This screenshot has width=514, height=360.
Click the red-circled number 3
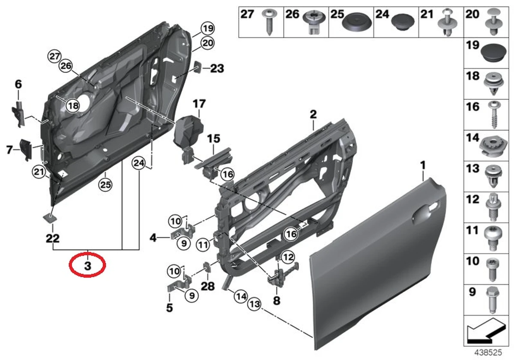click(x=87, y=266)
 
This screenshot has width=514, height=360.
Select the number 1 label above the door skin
click(x=423, y=165)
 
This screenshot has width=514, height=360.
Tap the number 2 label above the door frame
click(x=313, y=114)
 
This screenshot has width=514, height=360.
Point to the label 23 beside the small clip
click(x=217, y=68)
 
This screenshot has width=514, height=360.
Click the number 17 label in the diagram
click(x=199, y=104)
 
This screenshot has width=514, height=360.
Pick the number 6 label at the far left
click(x=18, y=85)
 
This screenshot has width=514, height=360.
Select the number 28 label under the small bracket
click(x=208, y=286)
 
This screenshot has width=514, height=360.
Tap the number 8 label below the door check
click(x=276, y=301)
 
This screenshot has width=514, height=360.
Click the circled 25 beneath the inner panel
click(x=105, y=185)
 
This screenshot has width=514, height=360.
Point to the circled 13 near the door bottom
click(x=254, y=304)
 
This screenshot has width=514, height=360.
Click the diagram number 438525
click(x=489, y=351)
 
